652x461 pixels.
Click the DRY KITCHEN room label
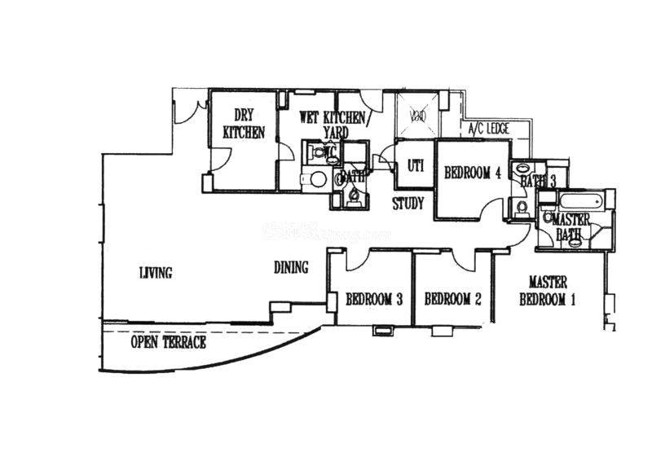tap(244, 124)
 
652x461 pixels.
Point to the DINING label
tap(291, 266)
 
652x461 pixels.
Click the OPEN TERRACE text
tap(169, 343)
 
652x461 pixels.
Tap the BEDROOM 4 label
tap(472, 173)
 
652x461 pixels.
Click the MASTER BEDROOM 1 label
tap(548, 291)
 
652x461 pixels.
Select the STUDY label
tap(407, 204)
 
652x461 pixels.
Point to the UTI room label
tap(415, 165)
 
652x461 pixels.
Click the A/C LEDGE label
tap(488, 129)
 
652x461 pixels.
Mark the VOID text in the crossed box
tap(417, 116)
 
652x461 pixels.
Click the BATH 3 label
tap(537, 182)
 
